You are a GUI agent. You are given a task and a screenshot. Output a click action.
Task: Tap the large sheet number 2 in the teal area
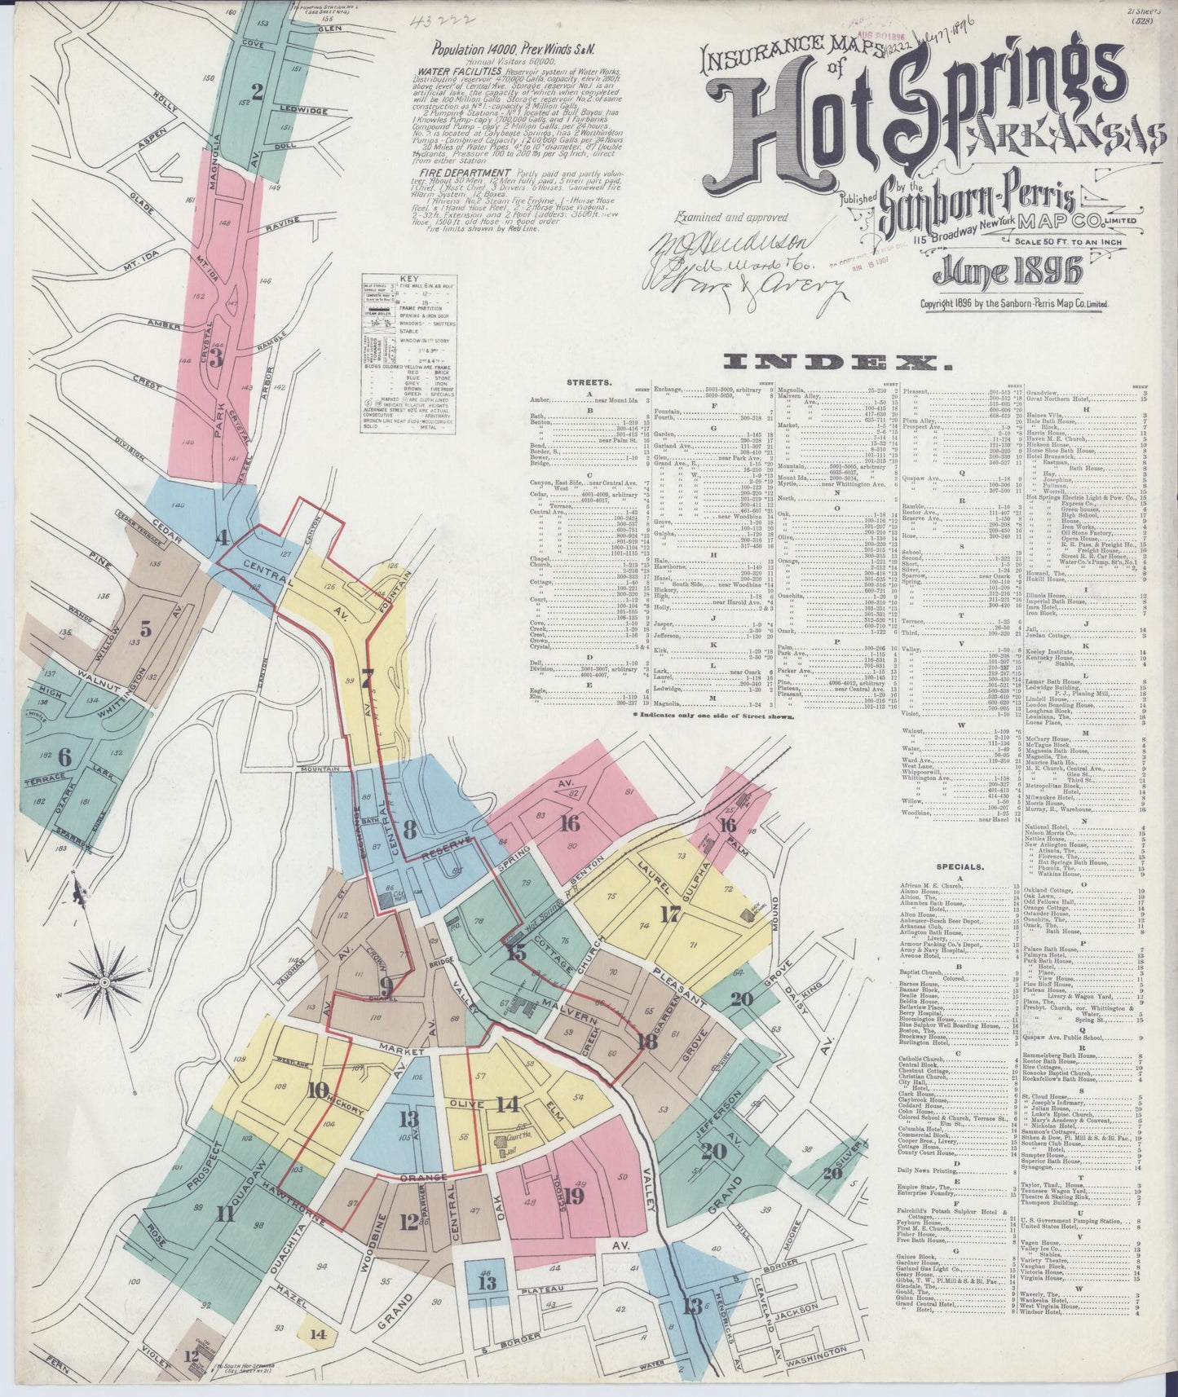(x=258, y=91)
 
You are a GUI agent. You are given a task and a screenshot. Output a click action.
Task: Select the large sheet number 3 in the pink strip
(x=216, y=356)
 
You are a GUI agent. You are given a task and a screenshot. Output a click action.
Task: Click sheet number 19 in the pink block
(x=574, y=1196)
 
